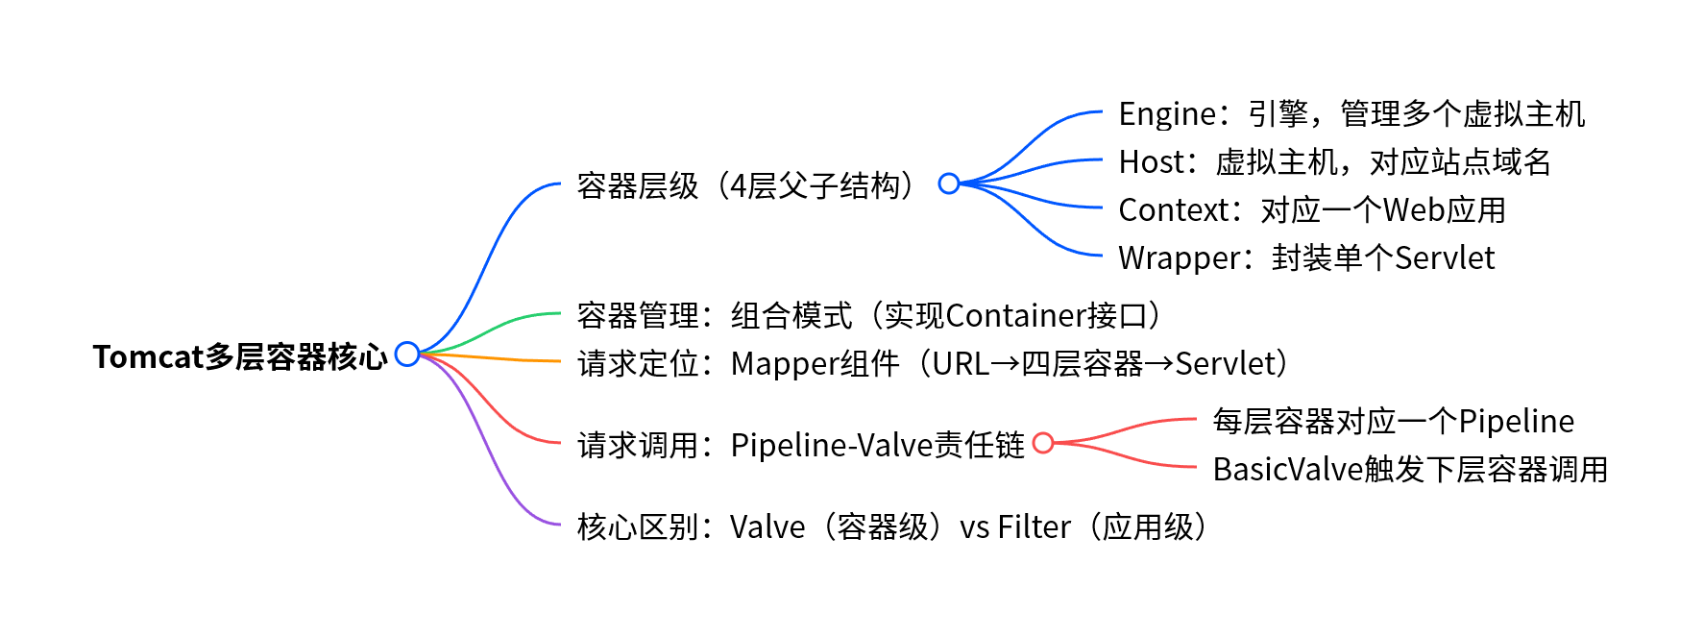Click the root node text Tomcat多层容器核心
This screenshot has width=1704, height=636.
[239, 356]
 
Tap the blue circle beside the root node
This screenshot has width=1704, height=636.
[407, 355]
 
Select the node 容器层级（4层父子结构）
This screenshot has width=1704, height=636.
[747, 185]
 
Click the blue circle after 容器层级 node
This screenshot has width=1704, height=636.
[949, 183]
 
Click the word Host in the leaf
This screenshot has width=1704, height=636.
[1152, 162]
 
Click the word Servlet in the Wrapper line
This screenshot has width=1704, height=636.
[1444, 258]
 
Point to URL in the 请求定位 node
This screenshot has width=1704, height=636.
[961, 364]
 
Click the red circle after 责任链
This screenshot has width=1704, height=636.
[1043, 443]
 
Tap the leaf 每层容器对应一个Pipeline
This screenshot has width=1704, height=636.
[1393, 422]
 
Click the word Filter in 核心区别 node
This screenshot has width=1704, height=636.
[1034, 527]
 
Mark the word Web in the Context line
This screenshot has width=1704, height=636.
[1414, 210]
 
